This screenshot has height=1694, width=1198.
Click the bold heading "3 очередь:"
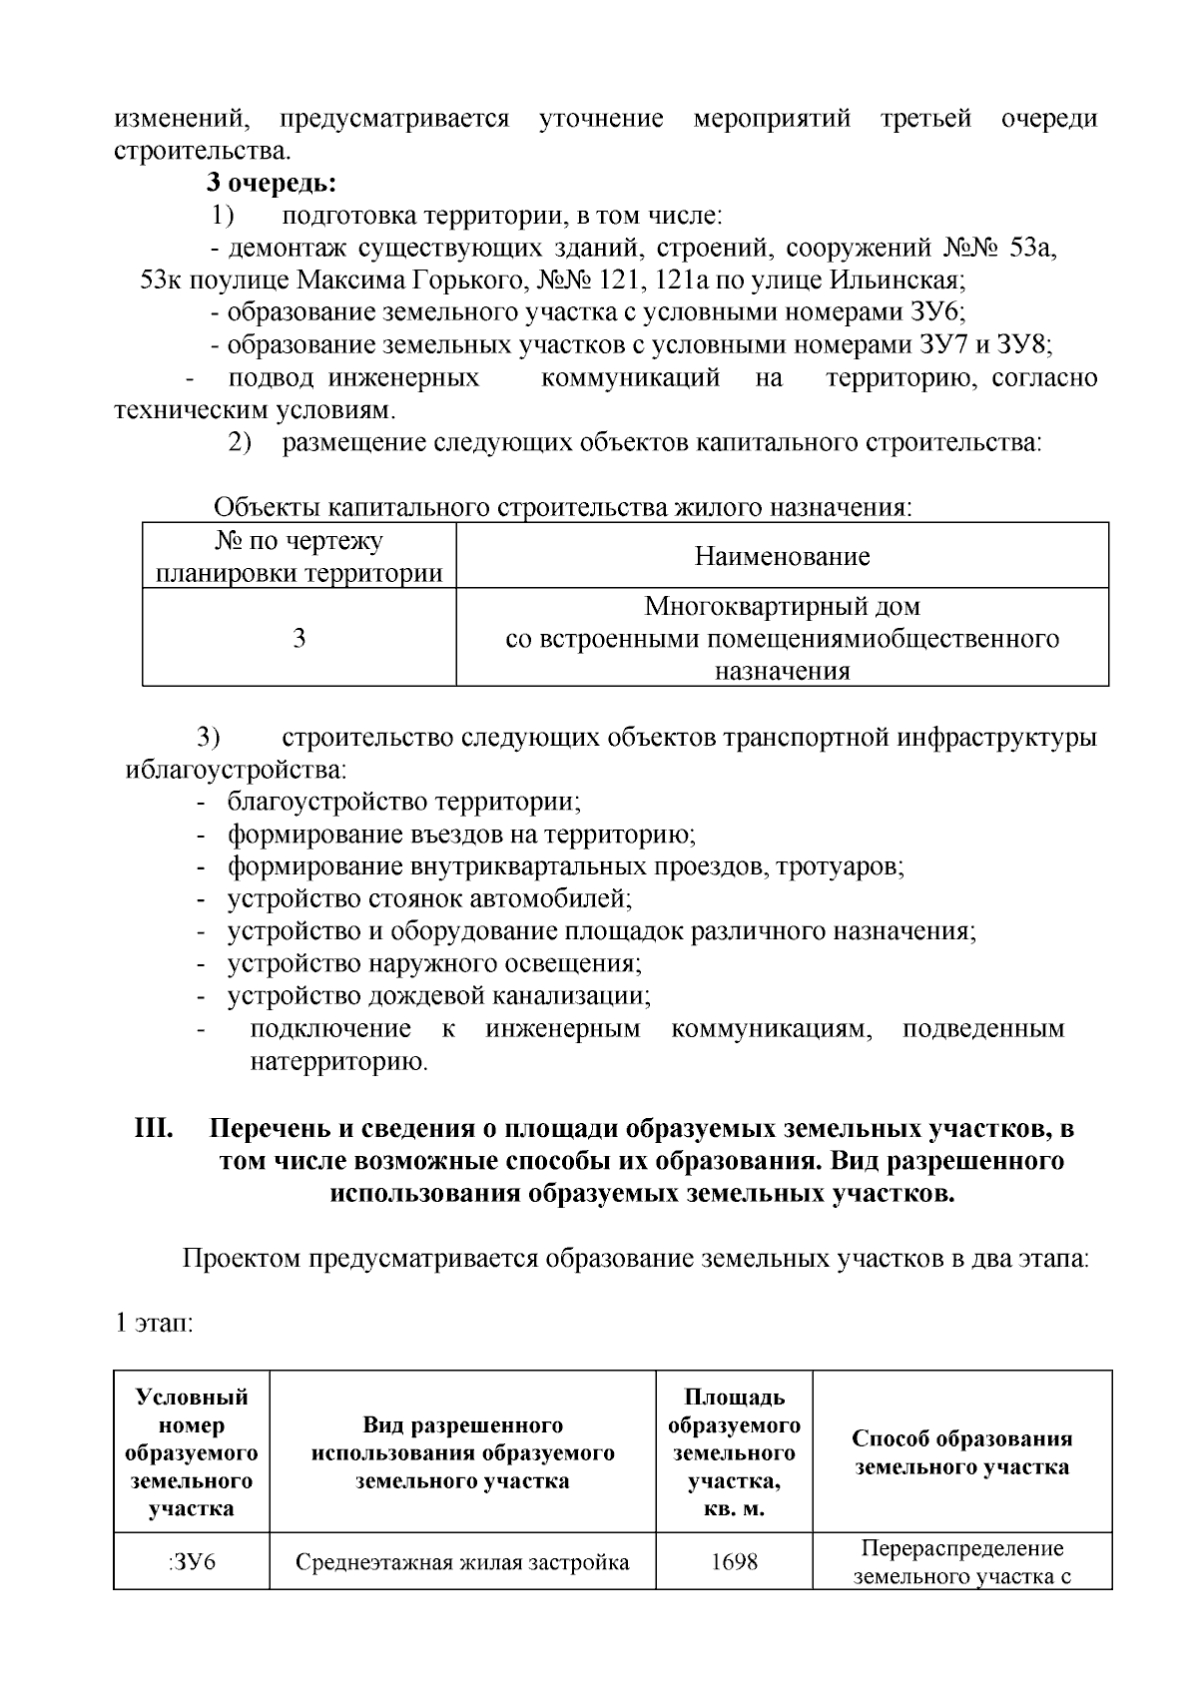point(271,183)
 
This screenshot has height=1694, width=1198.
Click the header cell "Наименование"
point(782,556)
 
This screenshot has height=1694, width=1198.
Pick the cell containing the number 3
point(299,638)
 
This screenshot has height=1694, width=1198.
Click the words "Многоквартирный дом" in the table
point(782,606)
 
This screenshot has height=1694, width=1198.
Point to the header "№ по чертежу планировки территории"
point(299,557)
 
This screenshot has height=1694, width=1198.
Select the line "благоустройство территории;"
point(404,802)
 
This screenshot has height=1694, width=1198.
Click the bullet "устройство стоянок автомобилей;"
point(429,898)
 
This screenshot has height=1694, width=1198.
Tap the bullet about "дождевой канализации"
point(439,995)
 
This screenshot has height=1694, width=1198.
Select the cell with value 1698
point(734,1561)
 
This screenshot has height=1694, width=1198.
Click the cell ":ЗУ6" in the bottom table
point(192,1561)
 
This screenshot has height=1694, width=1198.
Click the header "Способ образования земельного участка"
point(961,1452)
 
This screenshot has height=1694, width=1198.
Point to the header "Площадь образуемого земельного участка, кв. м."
point(734,1452)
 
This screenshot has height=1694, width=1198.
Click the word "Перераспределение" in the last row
point(961,1548)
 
